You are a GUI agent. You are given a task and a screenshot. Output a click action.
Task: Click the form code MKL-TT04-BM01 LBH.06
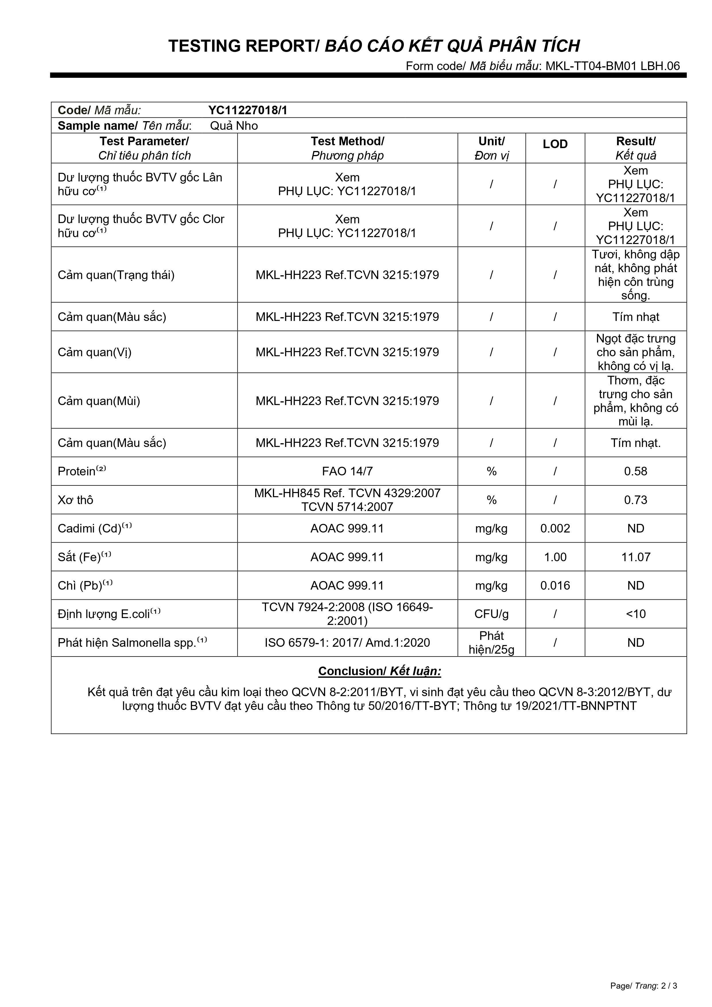[x=612, y=66]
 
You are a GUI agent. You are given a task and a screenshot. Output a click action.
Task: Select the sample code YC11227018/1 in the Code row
[x=248, y=110]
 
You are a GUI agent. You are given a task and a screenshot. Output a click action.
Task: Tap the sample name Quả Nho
[x=234, y=126]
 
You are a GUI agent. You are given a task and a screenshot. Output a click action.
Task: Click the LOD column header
[x=555, y=144]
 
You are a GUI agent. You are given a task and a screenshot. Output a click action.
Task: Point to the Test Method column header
[x=347, y=148]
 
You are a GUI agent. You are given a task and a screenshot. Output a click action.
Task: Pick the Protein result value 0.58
[x=635, y=471]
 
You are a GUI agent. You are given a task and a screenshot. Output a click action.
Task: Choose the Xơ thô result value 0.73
[x=635, y=500]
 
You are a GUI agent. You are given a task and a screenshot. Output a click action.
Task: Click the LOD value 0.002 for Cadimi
[x=555, y=528]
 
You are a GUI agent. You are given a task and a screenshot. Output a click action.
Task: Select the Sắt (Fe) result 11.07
[x=635, y=557]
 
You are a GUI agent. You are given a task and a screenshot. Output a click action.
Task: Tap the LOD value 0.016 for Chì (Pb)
[x=555, y=586]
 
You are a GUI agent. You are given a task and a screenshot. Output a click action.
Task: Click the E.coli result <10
[x=635, y=614]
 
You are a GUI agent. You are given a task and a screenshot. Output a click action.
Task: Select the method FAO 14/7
[x=347, y=471]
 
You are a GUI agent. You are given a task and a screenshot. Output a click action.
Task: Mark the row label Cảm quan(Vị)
[x=95, y=352]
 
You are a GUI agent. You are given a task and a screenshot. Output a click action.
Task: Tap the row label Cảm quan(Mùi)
[x=99, y=401]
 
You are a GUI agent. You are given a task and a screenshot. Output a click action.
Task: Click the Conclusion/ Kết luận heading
[x=379, y=671]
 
